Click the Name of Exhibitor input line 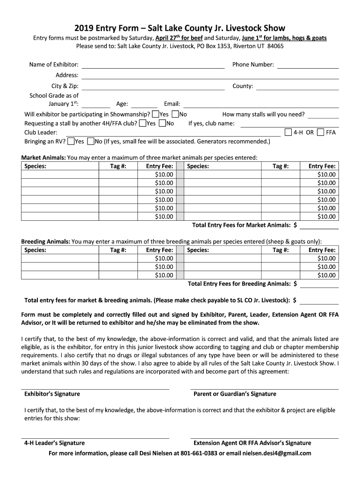point(153,65)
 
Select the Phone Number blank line point(308,65)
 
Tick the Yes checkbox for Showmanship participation point(155,114)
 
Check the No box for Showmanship point(175,114)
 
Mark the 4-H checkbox point(288,132)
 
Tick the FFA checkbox point(320,132)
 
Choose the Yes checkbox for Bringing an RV point(71,141)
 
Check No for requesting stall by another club point(162,123)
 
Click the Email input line point(260,104)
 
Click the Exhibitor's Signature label point(52,394)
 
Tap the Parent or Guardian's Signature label point(235,394)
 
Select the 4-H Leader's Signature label point(54,443)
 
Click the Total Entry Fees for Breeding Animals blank point(319,284)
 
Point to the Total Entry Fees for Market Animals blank point(319,225)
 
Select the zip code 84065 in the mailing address point(275,46)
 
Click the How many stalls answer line point(323,115)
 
